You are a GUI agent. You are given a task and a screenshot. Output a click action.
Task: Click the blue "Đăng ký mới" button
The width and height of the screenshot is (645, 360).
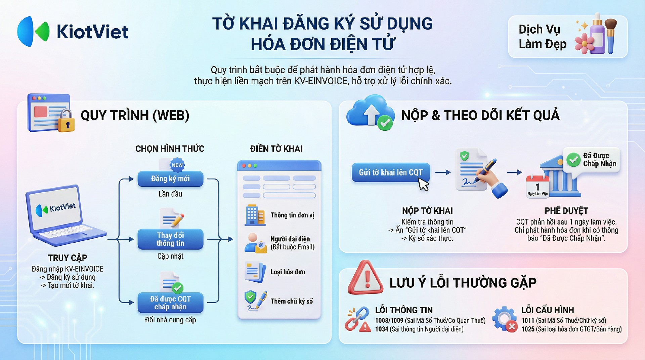tap(170, 179)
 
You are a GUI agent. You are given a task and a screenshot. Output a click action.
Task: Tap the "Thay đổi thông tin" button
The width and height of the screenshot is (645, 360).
tap(170, 239)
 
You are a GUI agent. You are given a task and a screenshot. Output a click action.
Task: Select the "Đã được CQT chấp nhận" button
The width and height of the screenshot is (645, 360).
tap(170, 303)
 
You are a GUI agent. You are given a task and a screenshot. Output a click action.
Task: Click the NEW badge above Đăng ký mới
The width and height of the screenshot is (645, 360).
tap(177, 165)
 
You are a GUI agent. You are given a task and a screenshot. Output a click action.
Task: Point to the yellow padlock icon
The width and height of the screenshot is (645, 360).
tap(66, 121)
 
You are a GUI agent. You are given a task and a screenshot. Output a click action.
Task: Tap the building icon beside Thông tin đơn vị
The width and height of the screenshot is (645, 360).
tap(255, 215)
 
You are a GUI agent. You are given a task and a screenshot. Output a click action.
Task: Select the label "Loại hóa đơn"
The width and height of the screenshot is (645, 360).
tap(288, 272)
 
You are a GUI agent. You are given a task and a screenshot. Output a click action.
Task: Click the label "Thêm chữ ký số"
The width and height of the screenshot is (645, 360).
tap(292, 301)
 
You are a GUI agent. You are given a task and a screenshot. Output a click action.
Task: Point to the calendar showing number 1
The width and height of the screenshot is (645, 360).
tap(537, 187)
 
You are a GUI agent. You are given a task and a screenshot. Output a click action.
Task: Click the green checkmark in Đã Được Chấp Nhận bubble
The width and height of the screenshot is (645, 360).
tap(573, 160)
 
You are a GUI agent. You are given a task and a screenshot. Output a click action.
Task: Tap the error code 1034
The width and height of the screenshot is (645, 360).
tap(382, 329)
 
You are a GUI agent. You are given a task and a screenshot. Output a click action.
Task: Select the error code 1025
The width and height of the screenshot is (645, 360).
tap(528, 329)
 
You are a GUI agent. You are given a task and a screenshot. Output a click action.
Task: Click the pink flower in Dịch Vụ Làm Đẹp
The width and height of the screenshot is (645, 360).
tap(585, 43)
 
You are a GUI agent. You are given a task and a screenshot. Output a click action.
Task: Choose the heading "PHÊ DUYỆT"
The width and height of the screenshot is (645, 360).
tap(566, 211)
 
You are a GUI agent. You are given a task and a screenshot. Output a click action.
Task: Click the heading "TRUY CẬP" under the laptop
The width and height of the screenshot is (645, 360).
tap(68, 258)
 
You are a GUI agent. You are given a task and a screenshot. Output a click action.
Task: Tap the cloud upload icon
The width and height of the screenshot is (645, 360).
tap(371, 112)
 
